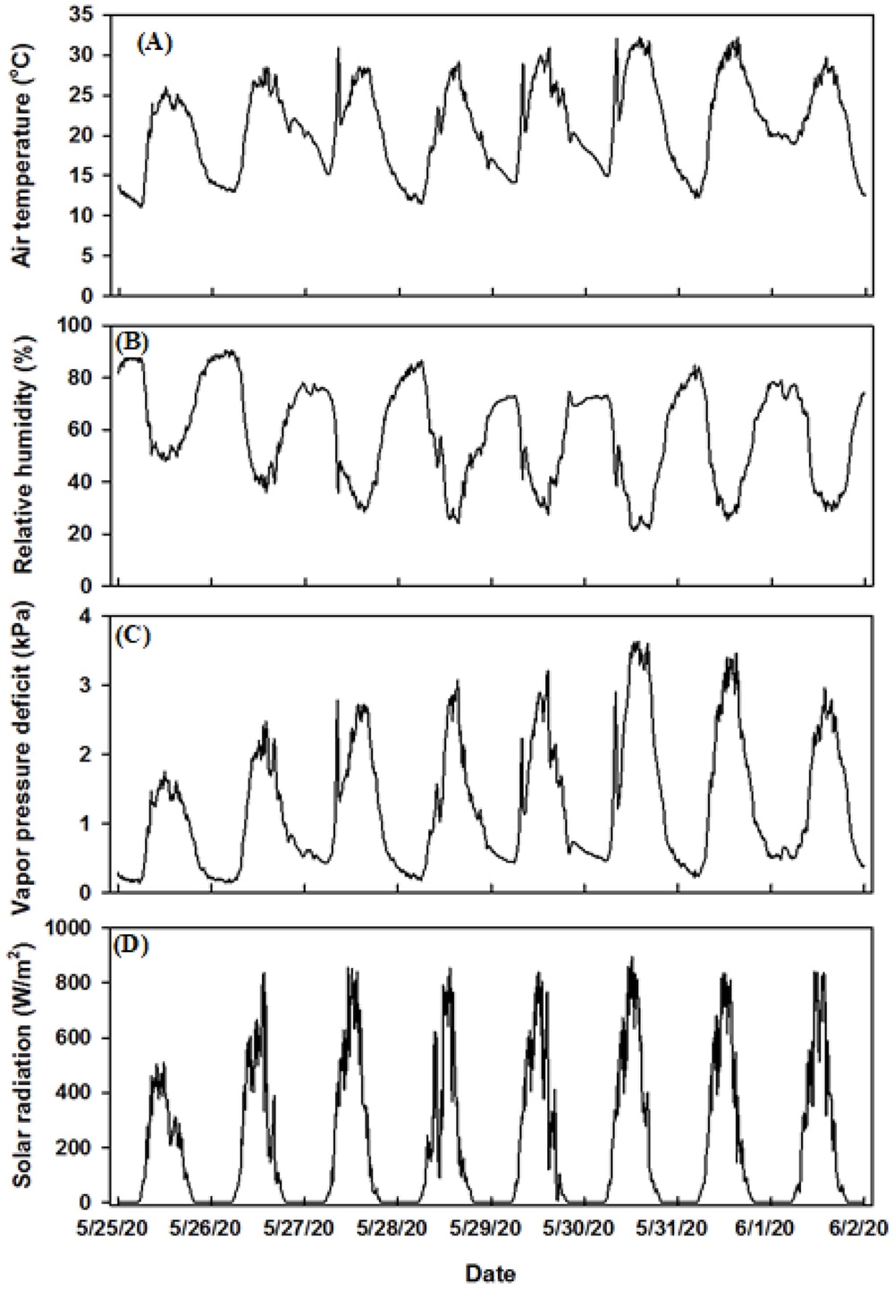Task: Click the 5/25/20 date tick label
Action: pyautogui.click(x=120, y=1228)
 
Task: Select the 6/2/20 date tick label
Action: pyautogui.click(x=864, y=1228)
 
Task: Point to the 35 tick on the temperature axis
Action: pyautogui.click(x=86, y=15)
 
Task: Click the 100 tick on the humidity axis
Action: pyautogui.click(x=81, y=326)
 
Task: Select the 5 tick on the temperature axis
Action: pyautogui.click(x=92, y=256)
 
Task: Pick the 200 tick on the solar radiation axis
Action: pyautogui.click(x=81, y=1148)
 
